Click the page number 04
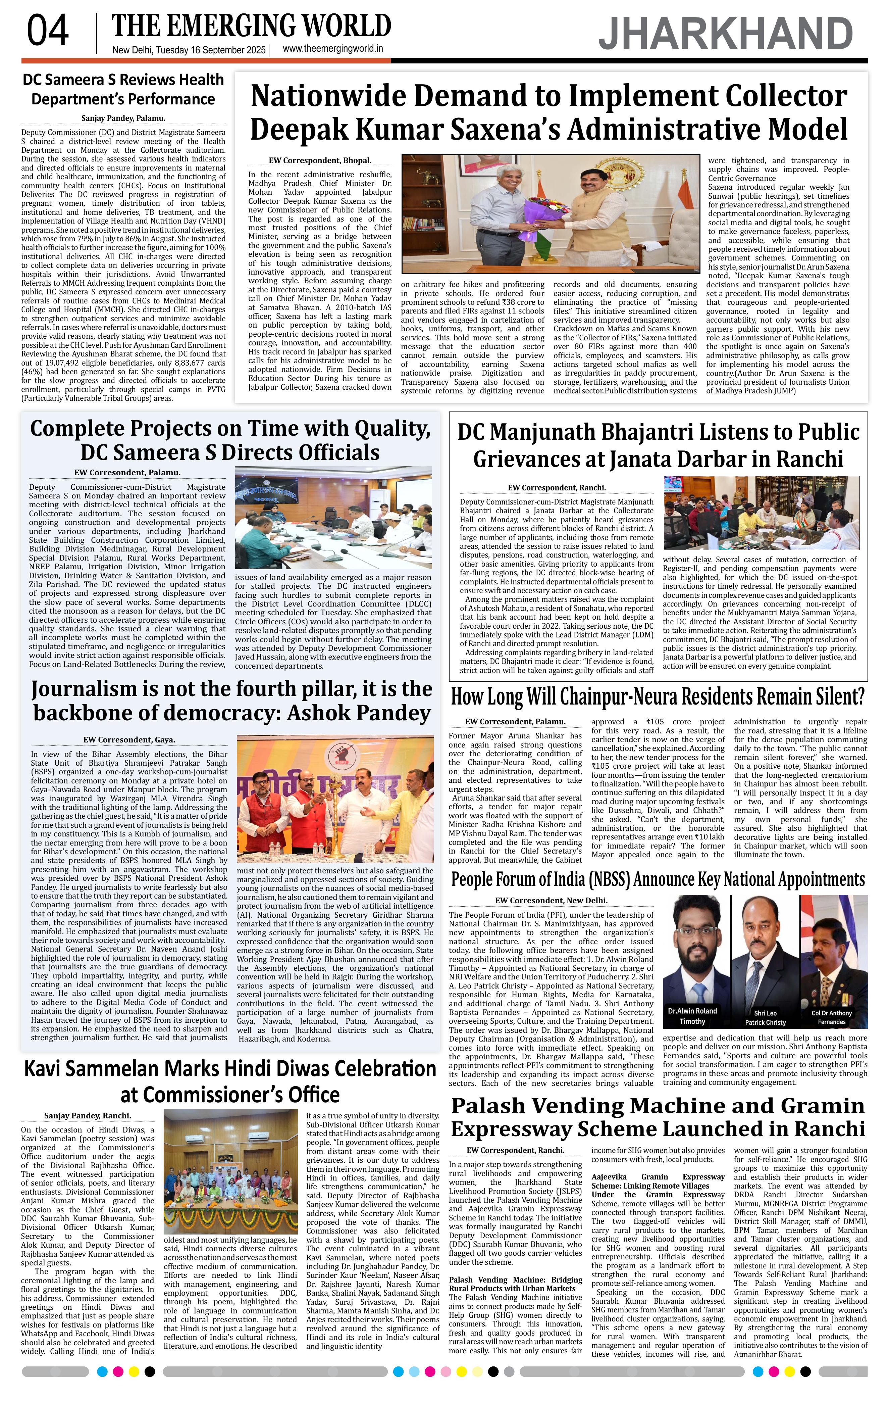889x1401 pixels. tap(48, 32)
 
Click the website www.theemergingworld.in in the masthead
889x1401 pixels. tap(332, 49)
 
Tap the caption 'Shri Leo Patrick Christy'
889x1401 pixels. tap(765, 1018)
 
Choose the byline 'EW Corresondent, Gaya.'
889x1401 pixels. tap(129, 740)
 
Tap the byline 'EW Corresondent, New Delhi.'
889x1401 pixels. tap(551, 901)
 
